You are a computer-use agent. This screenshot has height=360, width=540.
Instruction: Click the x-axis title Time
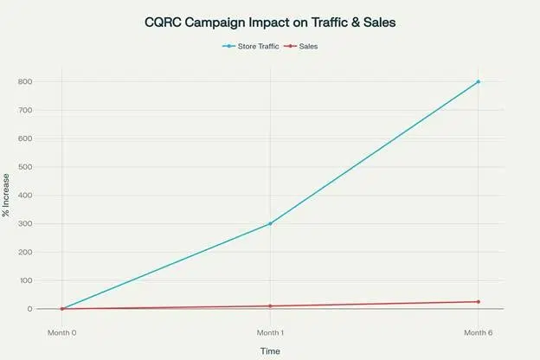(270, 350)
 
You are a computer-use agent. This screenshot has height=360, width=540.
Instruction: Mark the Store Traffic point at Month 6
(478, 82)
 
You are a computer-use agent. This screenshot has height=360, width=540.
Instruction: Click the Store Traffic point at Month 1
(270, 223)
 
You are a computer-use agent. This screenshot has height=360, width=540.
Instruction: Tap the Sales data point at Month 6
(478, 302)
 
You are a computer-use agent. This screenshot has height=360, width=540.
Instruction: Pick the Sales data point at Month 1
(270, 306)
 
